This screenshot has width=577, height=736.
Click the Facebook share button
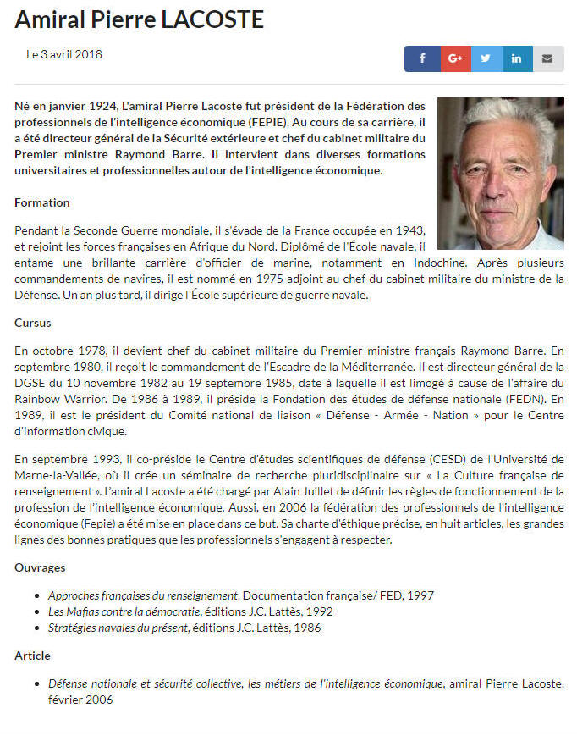420,58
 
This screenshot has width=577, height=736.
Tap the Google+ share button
454,58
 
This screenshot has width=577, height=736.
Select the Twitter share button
485,58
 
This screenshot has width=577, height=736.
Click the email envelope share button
547,58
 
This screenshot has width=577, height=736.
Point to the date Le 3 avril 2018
64,54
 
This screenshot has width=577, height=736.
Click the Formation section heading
42,202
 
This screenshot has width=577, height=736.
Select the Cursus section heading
33,323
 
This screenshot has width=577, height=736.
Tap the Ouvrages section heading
40,567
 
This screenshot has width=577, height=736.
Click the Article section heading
33,656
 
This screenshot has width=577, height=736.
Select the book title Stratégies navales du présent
119,628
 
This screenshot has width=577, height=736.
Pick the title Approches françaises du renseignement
143,595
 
